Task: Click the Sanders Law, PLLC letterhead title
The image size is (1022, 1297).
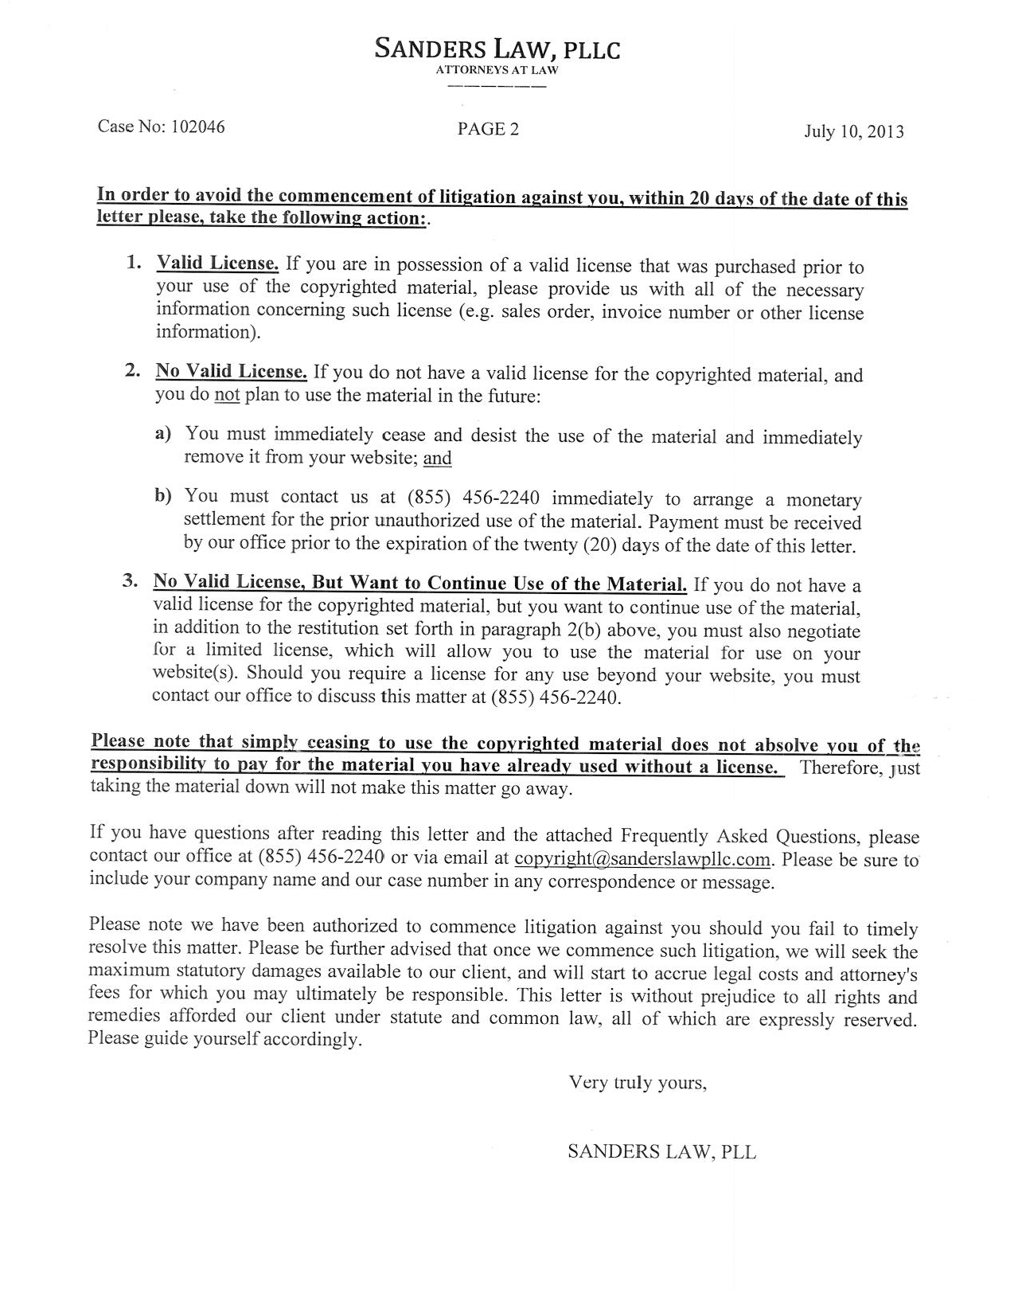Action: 497,50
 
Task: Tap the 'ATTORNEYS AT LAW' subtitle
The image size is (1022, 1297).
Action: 497,70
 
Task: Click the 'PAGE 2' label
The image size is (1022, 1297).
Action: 488,129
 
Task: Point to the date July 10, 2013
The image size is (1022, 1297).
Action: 853,131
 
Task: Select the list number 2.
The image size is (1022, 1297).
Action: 132,371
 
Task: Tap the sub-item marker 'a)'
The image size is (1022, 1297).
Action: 163,434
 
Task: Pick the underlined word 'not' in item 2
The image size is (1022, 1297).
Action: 227,396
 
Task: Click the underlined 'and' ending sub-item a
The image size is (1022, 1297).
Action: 437,458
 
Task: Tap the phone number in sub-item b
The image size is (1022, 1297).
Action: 474,498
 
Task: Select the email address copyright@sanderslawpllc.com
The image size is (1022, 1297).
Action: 643,859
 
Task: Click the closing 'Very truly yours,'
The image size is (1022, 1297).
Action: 637,1083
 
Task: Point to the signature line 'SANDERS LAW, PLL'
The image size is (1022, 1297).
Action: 661,1152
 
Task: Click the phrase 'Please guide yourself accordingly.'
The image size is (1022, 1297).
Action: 224,1040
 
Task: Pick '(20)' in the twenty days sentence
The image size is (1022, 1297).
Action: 601,546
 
